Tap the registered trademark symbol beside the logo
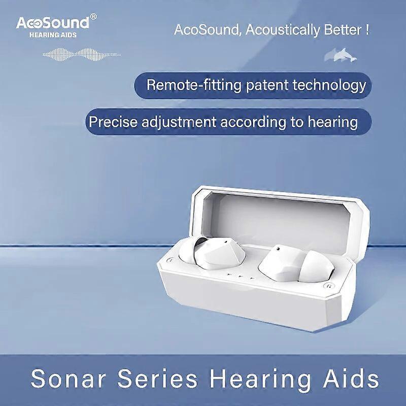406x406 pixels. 93,17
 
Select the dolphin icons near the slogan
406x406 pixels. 340,54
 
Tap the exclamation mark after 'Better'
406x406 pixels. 366,29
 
